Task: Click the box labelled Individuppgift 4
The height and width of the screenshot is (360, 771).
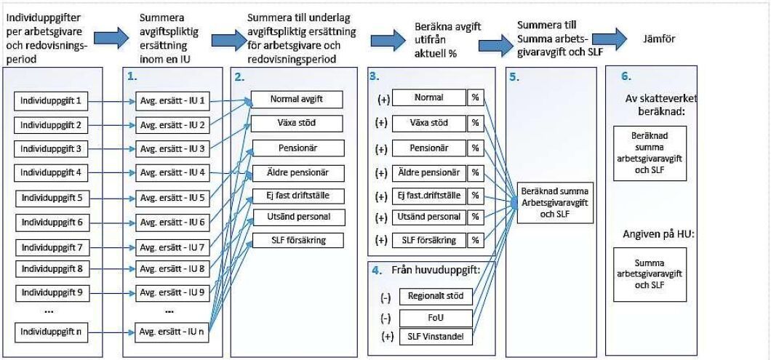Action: [x=52, y=173]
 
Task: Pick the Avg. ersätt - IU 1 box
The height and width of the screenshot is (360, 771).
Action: [x=172, y=100]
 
